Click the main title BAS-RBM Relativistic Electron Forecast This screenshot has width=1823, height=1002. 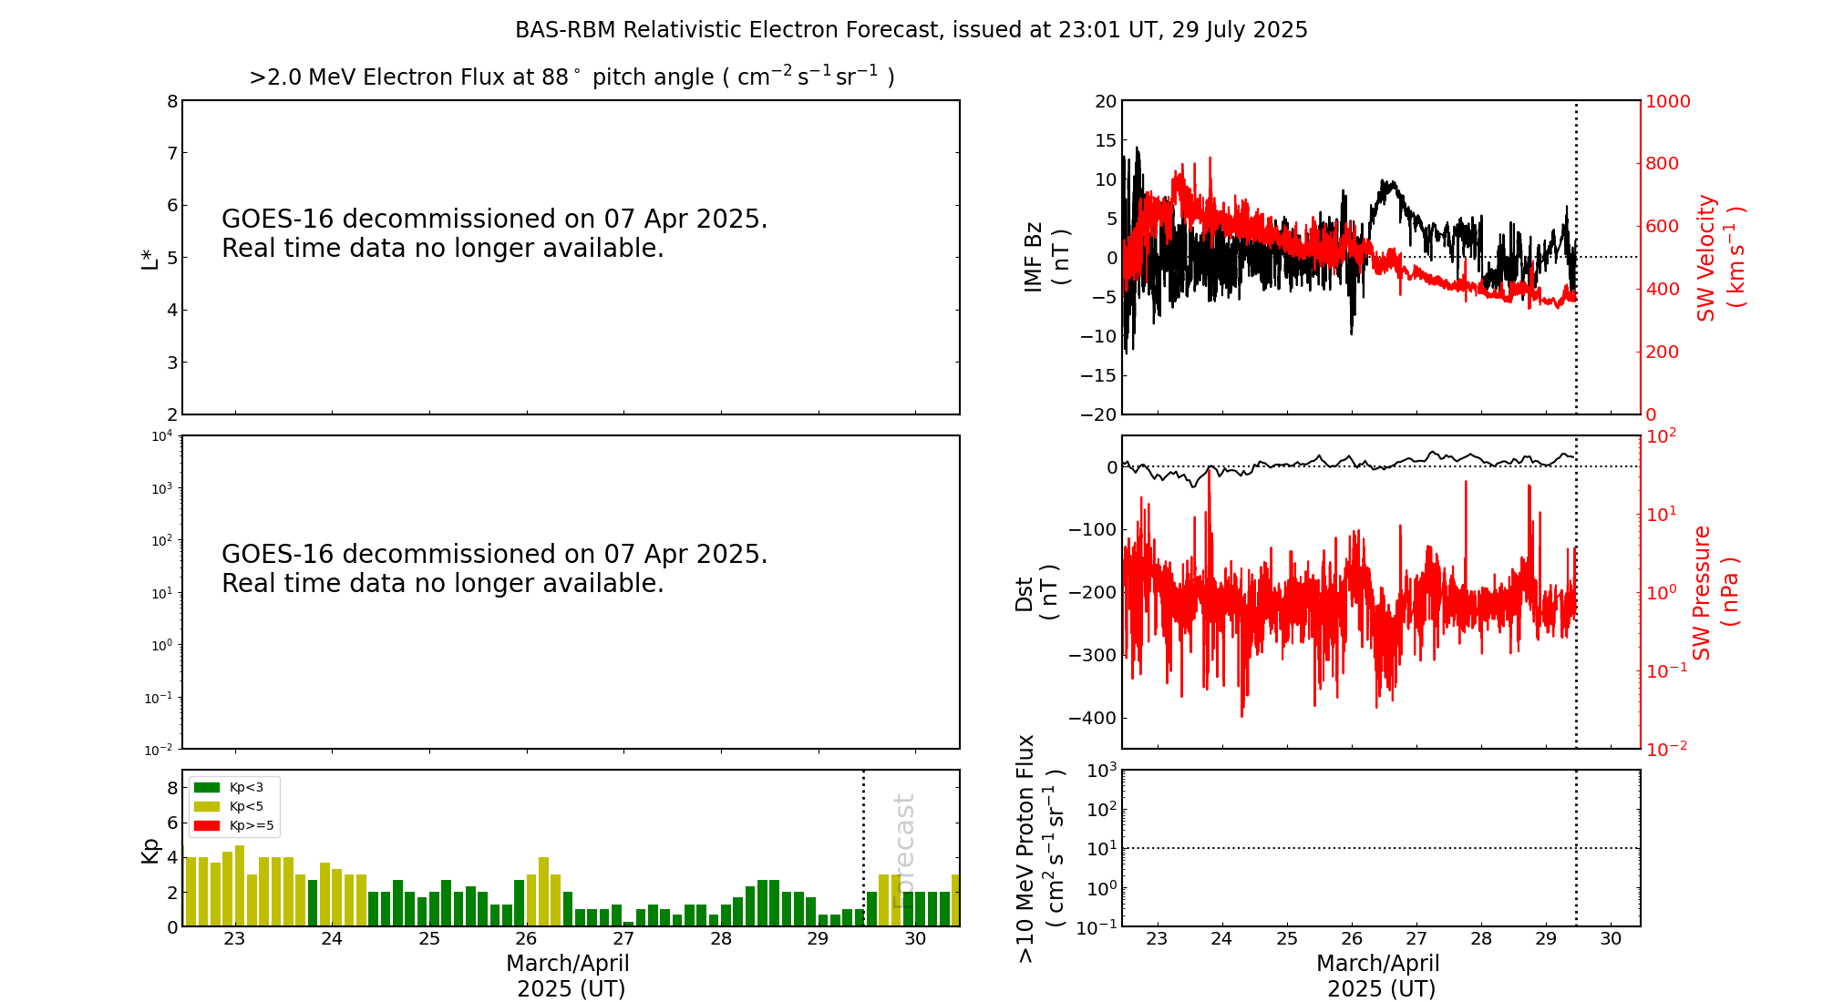[911, 30]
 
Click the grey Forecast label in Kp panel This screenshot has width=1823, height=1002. [903, 851]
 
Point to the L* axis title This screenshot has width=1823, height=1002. [150, 258]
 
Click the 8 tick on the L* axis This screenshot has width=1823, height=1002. [172, 101]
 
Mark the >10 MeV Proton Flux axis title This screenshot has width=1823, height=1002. [1040, 848]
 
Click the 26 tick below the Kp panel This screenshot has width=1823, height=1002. [526, 939]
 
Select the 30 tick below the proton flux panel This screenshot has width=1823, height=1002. [1611, 939]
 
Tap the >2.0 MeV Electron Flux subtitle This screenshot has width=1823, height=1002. [572, 77]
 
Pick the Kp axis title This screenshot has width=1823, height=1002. [150, 850]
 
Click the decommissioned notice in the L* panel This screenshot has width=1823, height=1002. [494, 233]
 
